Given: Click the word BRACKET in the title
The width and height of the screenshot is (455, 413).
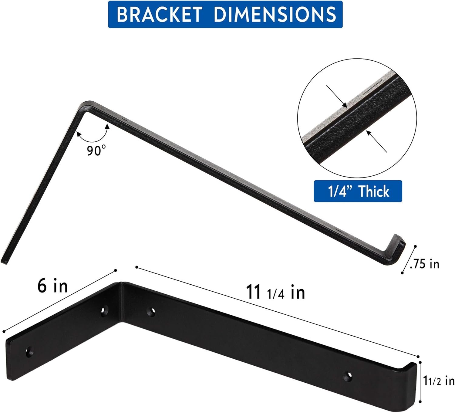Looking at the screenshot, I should click(159, 14).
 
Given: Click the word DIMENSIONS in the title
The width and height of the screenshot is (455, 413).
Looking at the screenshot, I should click(275, 14).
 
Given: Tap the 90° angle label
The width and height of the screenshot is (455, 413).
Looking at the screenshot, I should click(96, 150).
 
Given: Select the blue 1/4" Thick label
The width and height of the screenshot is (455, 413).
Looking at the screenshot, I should click(358, 191).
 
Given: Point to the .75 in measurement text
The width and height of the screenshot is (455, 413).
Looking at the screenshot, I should click(424, 264).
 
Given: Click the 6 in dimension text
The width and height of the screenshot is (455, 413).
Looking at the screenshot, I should click(52, 286).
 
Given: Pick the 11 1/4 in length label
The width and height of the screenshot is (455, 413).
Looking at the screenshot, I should click(275, 292).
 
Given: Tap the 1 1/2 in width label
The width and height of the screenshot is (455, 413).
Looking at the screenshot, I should click(439, 381).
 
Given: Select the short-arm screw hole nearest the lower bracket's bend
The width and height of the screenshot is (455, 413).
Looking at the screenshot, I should click(105, 311).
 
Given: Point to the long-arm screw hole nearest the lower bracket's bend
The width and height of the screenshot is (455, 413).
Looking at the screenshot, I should click(151, 311).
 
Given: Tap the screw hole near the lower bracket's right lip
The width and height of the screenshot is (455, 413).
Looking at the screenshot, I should click(348, 377).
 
